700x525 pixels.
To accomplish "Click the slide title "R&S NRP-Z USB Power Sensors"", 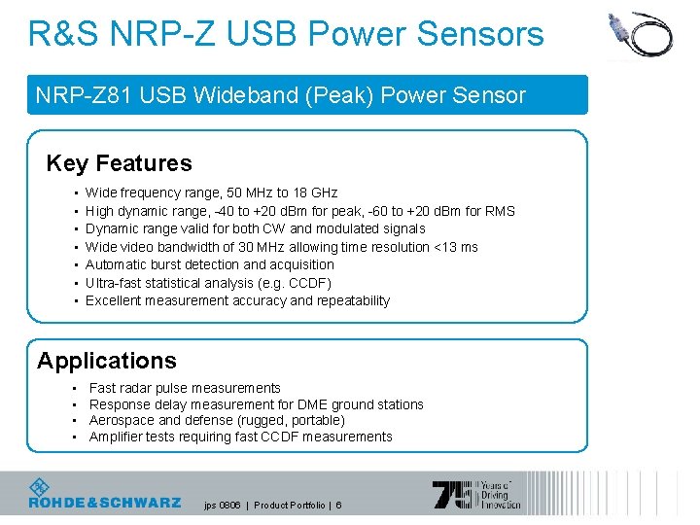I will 286,35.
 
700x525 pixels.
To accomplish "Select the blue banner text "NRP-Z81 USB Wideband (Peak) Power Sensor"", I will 280,95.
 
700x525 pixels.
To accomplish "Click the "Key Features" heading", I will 119,163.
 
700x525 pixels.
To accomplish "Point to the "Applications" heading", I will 107,361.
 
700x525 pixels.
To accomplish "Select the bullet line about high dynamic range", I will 299,211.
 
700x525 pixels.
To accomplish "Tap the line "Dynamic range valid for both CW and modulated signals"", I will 255,228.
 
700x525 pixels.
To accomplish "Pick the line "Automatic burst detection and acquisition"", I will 209,264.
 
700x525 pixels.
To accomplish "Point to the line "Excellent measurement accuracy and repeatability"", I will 237,300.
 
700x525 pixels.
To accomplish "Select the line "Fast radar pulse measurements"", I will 185,388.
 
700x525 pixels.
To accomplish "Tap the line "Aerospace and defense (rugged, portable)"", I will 216,420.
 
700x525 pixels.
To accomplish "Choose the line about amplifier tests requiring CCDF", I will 240,437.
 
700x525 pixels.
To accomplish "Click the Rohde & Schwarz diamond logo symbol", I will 40,488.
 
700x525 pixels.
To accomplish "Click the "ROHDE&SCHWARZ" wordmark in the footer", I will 104,503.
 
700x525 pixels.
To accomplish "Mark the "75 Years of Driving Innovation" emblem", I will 476,495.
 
